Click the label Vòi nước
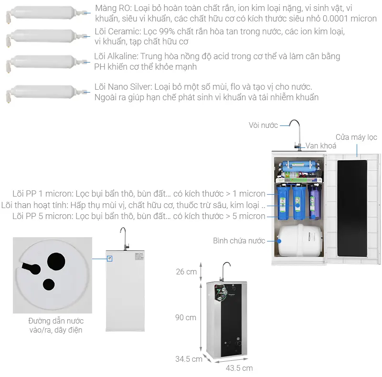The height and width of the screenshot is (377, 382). tap(263, 125)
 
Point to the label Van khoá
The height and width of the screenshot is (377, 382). tap(321, 146)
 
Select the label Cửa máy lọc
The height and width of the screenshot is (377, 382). tap(356, 137)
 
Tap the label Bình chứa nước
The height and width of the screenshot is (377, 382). tap(239, 241)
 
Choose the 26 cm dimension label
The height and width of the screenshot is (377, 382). tap(186, 272)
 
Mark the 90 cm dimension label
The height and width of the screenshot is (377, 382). tap(186, 317)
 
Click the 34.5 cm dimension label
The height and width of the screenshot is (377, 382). tap(189, 359)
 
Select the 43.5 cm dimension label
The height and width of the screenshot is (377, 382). tap(239, 368)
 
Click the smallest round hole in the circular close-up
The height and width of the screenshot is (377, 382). tap(49, 284)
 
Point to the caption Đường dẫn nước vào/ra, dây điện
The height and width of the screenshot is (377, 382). tap(55, 325)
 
